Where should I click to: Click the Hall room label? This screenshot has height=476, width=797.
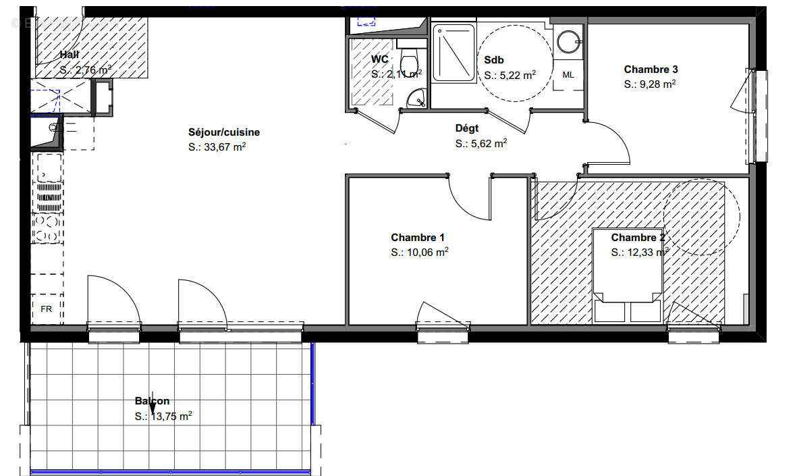(70, 55)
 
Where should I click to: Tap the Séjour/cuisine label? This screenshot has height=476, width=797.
(224, 132)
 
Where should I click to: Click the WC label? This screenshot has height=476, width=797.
(379, 59)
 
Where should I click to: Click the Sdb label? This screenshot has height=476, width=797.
(494, 59)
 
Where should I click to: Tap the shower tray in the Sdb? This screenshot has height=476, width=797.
(454, 53)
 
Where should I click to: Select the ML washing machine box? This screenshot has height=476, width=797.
(568, 75)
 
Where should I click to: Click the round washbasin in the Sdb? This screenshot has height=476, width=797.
(568, 41)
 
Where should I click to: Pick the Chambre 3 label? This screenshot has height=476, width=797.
(651, 69)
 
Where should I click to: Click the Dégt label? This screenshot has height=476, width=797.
(467, 128)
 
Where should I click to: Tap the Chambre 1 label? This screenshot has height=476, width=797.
(418, 237)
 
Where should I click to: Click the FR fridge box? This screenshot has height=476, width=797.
(47, 309)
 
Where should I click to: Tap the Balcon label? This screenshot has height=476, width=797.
(152, 401)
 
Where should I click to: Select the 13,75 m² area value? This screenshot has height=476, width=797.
(169, 416)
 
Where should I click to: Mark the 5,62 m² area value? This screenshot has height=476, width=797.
(487, 143)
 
